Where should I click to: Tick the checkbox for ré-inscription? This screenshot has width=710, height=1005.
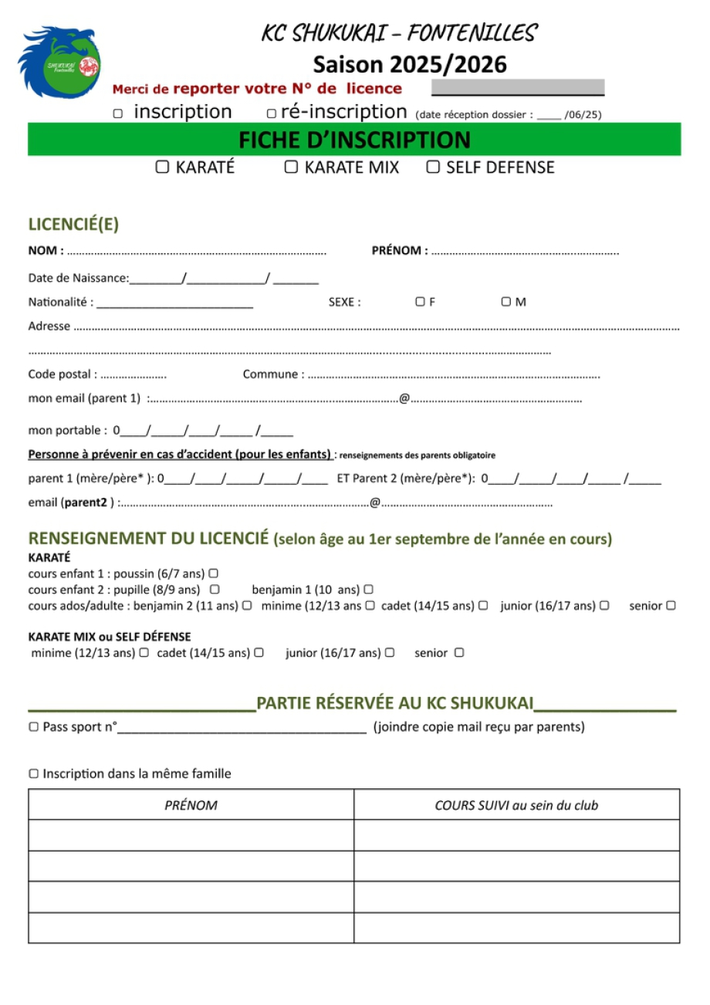272,113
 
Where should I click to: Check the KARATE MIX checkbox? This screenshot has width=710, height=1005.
291,167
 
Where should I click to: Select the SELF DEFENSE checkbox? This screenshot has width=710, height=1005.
433,167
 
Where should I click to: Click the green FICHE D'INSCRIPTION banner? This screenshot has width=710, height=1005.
354,140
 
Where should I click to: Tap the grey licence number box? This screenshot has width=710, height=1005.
517,87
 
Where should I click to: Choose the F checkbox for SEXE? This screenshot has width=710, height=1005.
421,302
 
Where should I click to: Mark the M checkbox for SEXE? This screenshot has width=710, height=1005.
506,302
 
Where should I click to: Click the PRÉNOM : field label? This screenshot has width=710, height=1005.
400,251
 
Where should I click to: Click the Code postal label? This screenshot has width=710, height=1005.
63,374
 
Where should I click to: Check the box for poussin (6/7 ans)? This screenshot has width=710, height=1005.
213,574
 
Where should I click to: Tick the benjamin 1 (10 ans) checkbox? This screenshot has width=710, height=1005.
369,590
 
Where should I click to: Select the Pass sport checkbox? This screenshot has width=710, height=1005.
33,727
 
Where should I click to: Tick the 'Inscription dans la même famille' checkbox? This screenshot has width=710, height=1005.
33,773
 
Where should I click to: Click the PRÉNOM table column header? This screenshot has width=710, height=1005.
191,805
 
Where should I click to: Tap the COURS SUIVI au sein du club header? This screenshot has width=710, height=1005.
516,805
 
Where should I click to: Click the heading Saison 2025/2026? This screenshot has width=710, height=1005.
410,65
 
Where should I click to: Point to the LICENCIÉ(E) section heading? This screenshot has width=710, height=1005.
73,225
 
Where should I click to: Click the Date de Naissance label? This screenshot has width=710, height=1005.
79,278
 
